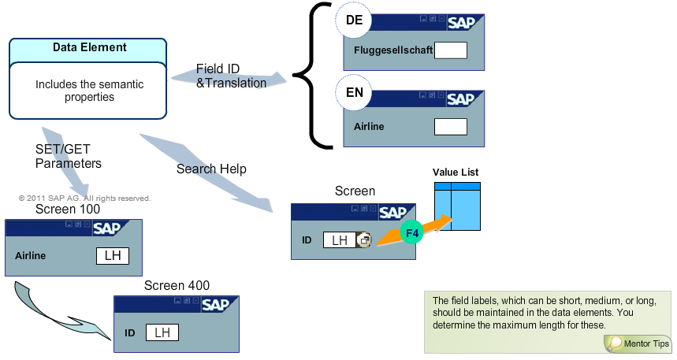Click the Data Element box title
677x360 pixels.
89,47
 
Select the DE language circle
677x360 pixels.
354,23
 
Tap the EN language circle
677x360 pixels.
354,91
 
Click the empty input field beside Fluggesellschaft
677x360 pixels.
451,50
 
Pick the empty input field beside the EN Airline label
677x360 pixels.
451,126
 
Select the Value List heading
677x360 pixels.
456,172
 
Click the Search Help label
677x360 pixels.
211,169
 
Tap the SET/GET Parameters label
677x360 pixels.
69,157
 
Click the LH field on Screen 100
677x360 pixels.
112,256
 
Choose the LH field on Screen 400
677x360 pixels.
162,332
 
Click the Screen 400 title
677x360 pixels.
177,285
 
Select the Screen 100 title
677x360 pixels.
68,210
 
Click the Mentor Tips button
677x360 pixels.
639,343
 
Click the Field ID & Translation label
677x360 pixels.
231,76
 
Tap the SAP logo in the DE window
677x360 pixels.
461,23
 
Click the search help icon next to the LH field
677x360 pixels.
363,240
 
